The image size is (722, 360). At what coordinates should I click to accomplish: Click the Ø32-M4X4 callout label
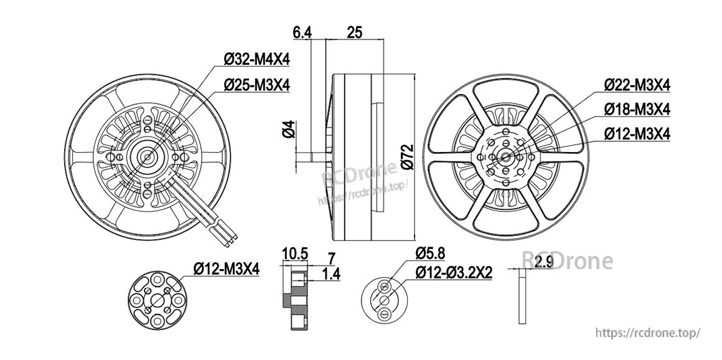tap(256, 59)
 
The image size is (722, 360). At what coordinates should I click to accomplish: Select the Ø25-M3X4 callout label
tap(256, 85)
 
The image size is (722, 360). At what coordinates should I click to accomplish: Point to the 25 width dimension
tap(355, 33)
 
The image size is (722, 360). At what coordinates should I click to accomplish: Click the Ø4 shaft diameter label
tap(288, 130)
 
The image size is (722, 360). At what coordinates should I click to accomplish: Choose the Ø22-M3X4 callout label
tap(637, 85)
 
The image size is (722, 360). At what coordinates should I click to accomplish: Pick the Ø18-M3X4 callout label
tap(637, 110)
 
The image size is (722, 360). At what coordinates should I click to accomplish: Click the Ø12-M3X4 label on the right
tap(637, 134)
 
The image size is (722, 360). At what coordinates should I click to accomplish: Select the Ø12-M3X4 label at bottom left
tap(226, 268)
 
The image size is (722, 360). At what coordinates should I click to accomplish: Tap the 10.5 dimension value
tap(295, 254)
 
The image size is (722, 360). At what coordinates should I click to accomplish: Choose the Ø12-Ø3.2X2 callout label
tap(454, 272)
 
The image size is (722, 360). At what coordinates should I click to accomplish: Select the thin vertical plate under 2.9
tap(521, 297)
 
